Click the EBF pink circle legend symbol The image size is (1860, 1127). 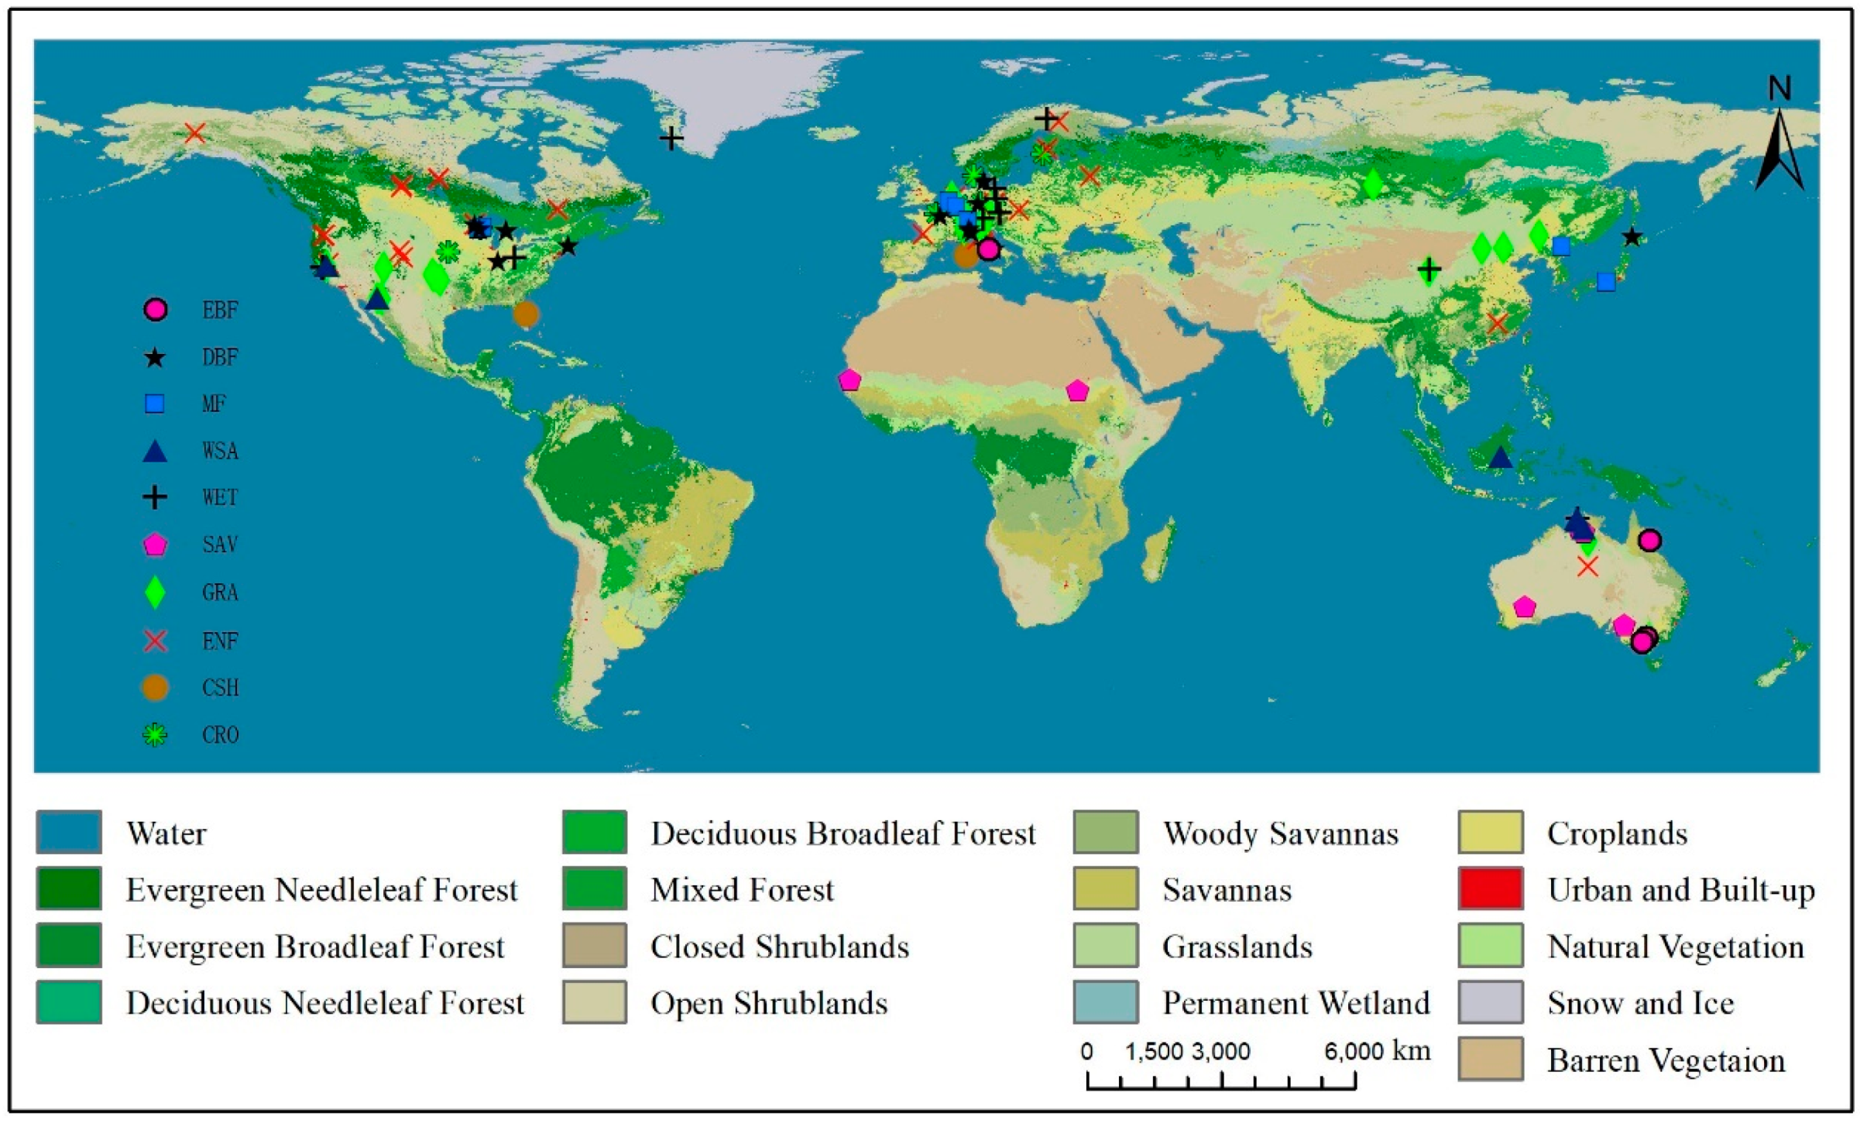156,310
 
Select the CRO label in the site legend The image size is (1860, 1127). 220,734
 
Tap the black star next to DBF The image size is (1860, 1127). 155,358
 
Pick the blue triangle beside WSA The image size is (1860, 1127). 155,452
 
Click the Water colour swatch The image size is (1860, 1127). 69,832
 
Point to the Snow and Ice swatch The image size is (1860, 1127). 1491,1002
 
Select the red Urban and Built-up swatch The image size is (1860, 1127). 1491,888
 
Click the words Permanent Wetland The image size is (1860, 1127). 1295,1003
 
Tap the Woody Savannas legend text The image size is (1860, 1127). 1280,833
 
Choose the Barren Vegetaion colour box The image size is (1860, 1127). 1491,1059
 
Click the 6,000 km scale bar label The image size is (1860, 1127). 1377,1051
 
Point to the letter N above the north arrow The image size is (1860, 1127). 1779,89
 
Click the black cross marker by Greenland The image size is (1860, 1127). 671,139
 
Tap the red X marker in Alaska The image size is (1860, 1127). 195,133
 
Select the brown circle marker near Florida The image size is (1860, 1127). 526,314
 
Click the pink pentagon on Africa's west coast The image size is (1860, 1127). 849,380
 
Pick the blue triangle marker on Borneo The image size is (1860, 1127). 1500,458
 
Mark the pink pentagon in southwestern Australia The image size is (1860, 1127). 1525,607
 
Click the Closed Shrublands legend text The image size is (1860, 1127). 779,947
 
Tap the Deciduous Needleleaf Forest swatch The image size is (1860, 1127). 69,1002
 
